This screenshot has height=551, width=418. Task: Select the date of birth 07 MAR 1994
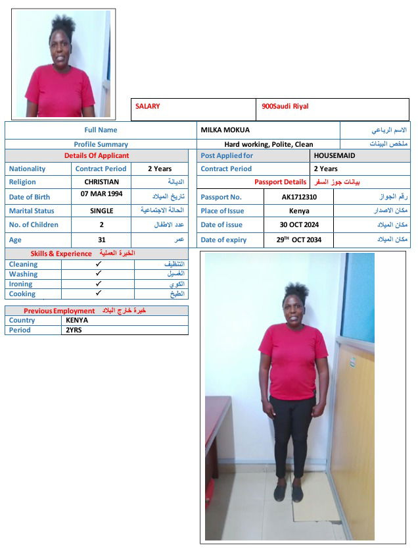(101, 194)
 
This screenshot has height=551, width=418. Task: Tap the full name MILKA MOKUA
(225, 130)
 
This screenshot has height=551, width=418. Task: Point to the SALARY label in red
(147, 106)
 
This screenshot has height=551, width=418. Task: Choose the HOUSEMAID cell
(334, 156)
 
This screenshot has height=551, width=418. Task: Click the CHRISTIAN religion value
(102, 182)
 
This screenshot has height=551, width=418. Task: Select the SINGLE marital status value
(102, 211)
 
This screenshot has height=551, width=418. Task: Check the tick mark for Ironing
(98, 284)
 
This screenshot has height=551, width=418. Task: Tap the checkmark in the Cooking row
(98, 294)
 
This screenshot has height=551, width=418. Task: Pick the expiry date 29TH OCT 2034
(299, 240)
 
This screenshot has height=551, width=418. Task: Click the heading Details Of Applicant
(97, 156)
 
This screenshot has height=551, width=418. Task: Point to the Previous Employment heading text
(59, 311)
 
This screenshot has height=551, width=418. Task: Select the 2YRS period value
(74, 330)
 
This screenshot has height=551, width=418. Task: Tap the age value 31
(102, 240)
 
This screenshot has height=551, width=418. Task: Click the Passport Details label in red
(281, 182)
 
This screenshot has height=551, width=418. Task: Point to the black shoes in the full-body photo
(289, 494)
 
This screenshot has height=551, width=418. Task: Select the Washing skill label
(23, 274)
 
